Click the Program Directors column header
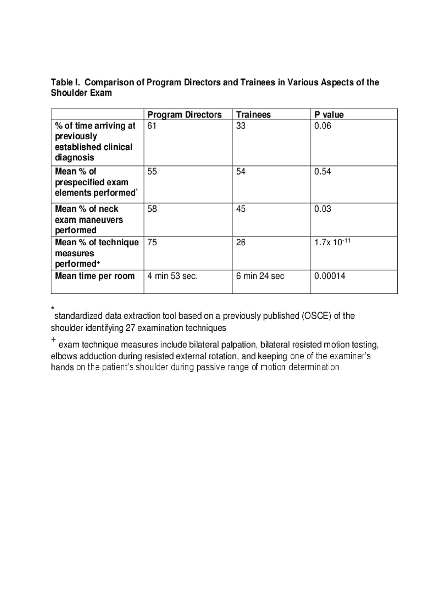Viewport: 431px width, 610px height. coord(185,115)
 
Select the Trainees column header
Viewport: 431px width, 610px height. coord(253,115)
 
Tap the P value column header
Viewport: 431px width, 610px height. coord(329,115)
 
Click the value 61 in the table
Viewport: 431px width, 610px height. coord(152,126)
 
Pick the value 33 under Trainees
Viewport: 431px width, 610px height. coord(241,126)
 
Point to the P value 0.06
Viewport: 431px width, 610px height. coord(323,126)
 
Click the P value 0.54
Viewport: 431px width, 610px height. coord(323,172)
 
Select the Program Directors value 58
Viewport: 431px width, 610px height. coord(152,209)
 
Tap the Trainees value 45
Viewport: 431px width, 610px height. coord(241,209)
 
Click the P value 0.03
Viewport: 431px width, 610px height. coord(323,209)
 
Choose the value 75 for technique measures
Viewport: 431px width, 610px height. coord(152,243)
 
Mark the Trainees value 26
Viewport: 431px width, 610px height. coord(241,243)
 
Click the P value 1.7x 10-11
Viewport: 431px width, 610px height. coord(332,242)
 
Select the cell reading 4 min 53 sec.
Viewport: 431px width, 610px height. coord(173,276)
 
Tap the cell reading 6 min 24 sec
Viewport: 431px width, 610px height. coord(260,276)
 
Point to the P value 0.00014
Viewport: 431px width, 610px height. coord(330,276)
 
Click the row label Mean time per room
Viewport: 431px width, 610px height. coord(95,276)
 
